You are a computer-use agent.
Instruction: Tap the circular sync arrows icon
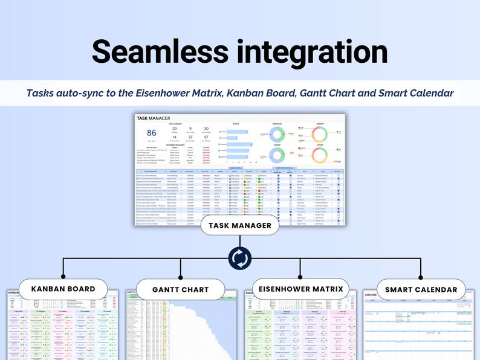[x=240, y=258]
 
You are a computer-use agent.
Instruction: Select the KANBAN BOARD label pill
[x=63, y=289]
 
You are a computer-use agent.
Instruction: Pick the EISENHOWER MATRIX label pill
[x=301, y=289]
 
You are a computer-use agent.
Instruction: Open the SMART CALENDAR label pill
[x=421, y=289]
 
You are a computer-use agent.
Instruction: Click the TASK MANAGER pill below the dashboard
[x=240, y=225]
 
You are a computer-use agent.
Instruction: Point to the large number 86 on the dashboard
[x=152, y=134]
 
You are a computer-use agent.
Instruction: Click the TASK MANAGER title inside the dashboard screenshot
[x=154, y=118]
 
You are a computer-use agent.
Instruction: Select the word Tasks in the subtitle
[x=41, y=93]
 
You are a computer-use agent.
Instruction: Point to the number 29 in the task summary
[x=174, y=129]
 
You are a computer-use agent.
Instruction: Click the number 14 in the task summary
[x=174, y=138]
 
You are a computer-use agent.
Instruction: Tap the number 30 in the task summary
[x=206, y=129]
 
